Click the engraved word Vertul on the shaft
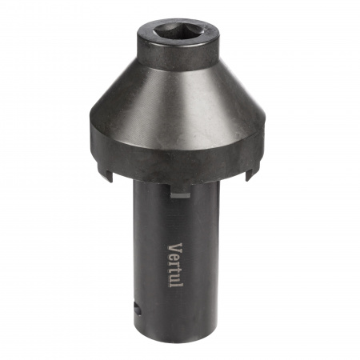click(x=175, y=266)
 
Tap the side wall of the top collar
click(x=178, y=58)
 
